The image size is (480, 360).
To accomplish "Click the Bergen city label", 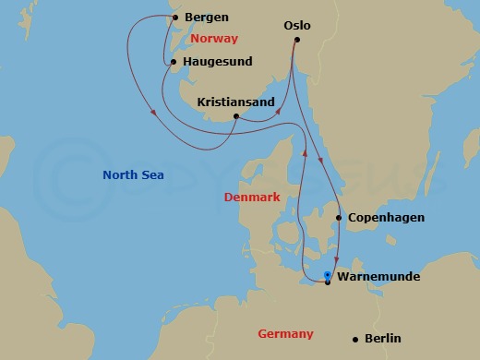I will point(208,18).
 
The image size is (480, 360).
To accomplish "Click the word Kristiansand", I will point(236,103).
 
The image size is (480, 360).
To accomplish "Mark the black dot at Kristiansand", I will point(236,116).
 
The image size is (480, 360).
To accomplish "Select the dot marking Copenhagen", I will point(340,218).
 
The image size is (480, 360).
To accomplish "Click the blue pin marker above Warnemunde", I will point(328,274).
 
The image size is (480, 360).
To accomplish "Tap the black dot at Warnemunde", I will point(328,282).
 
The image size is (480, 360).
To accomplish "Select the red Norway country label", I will point(214,39).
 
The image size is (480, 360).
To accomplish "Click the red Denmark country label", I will point(252,198).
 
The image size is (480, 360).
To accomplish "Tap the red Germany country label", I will point(285,334).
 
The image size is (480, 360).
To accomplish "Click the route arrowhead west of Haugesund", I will point(152,114).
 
